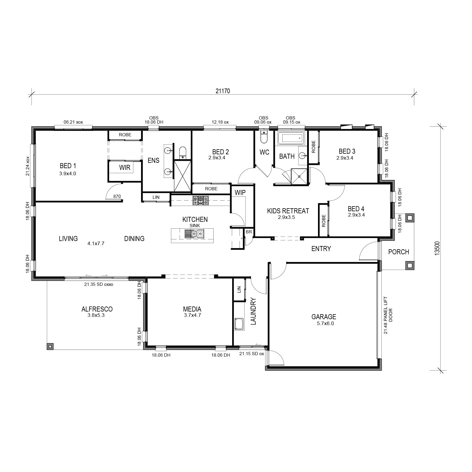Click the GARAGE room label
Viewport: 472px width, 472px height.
tap(324, 317)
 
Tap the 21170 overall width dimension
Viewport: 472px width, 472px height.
tap(223, 91)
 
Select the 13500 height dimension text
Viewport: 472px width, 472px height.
tap(437, 248)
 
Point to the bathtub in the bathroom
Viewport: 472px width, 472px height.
tap(291, 138)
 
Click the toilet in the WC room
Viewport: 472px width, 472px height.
tap(264, 137)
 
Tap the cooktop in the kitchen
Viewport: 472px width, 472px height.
tap(201, 201)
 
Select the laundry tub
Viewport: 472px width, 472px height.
tap(239, 324)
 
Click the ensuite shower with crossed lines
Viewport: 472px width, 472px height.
tap(183, 176)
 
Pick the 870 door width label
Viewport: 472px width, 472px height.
tap(117, 196)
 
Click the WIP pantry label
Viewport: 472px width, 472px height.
tap(240, 193)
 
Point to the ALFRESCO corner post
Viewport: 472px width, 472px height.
tap(50, 346)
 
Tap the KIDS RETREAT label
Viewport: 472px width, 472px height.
tap(288, 211)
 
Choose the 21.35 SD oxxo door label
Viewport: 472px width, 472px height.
tap(99, 284)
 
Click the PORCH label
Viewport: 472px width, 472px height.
tap(399, 252)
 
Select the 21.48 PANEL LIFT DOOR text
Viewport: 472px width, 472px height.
tap(388, 315)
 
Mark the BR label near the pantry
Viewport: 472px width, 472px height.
tap(249, 232)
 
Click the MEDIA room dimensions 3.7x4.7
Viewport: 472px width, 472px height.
tap(192, 315)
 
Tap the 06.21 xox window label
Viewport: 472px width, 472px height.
tap(73, 122)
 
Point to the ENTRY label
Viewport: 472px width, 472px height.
tap(321, 249)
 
